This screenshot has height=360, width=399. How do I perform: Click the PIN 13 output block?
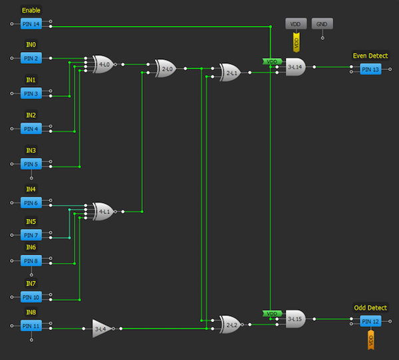370,69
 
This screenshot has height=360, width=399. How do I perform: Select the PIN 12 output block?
370,321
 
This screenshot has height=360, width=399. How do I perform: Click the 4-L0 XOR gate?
104,65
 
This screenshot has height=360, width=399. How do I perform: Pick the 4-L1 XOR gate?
104,212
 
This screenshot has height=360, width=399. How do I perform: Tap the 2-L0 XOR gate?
166,69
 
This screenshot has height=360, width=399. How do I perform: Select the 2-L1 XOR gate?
230,73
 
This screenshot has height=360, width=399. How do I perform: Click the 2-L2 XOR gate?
230,324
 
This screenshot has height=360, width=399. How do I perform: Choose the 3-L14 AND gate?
295,67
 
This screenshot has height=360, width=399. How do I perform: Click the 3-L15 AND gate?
295,319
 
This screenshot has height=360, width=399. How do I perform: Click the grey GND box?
323,23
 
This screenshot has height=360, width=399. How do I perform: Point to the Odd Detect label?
369,308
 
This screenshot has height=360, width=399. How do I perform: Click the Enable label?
31,11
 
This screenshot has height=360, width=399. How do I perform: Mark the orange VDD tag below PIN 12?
370,341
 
